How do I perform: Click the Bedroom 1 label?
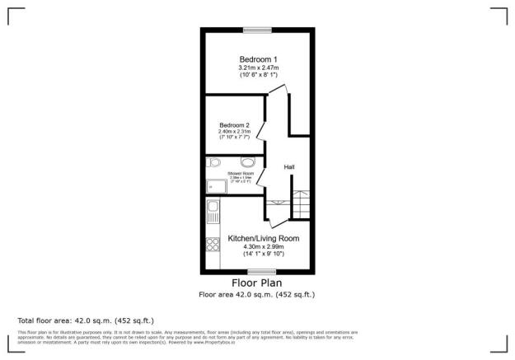click(256, 58)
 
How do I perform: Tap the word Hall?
click(289, 167)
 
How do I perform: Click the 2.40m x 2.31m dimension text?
click(234, 132)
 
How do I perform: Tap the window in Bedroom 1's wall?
click(256, 30)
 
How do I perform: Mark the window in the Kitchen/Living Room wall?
click(262, 271)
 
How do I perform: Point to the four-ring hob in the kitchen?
click(211, 245)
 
